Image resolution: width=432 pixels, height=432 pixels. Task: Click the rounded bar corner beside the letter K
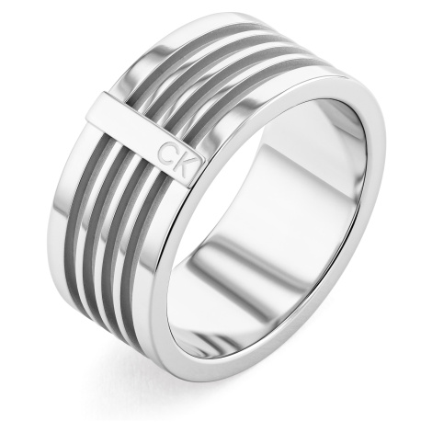(x=199, y=160)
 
